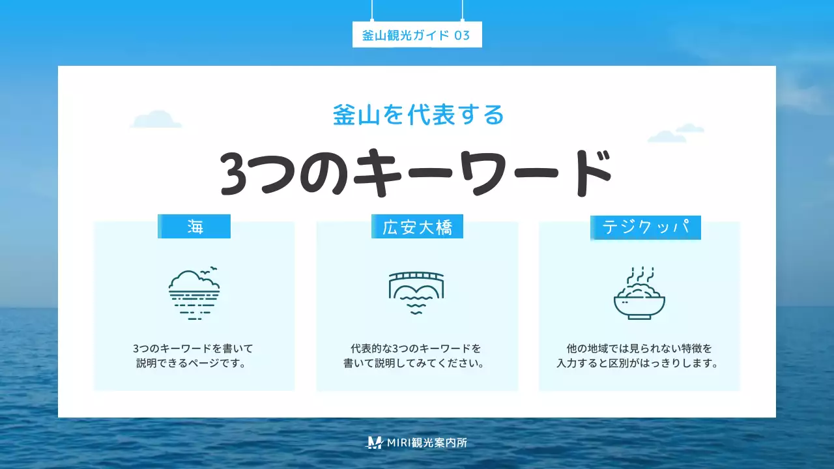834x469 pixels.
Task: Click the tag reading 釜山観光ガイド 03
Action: click(416, 35)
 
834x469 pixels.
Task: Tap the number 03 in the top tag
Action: click(461, 35)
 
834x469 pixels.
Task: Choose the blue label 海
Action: click(195, 227)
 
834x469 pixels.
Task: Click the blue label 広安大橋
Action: click(418, 227)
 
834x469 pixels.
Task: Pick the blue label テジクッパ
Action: click(646, 228)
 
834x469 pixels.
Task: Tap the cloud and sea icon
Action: click(194, 293)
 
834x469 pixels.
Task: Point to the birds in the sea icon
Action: click(210, 270)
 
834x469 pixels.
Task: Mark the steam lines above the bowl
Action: click(639, 274)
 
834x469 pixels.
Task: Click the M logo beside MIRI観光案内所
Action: click(375, 442)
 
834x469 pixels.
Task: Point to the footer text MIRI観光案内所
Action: click(427, 442)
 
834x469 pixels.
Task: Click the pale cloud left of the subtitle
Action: click(156, 119)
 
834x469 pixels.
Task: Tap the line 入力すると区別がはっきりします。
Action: click(639, 363)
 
